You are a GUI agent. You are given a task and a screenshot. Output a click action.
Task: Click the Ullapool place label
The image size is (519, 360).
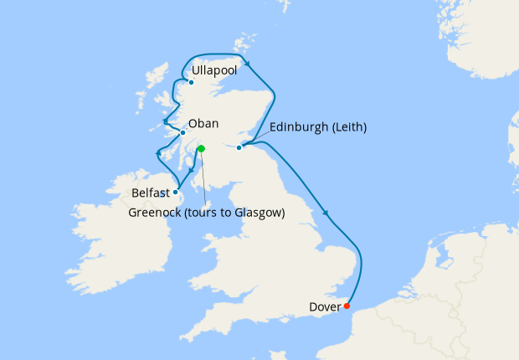[x=214, y=71]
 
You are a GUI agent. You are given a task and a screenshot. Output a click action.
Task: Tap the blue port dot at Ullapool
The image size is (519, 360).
[x=192, y=82]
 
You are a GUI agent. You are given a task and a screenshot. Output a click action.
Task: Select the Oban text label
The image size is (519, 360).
[x=203, y=123]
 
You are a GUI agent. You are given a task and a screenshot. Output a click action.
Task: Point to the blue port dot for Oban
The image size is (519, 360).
[x=182, y=132]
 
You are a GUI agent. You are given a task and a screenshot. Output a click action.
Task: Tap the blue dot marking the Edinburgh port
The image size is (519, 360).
[x=239, y=147]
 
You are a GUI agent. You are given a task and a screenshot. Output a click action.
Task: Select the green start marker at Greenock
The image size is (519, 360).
[x=201, y=149]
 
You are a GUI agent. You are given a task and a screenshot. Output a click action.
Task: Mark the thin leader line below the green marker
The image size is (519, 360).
[x=203, y=180]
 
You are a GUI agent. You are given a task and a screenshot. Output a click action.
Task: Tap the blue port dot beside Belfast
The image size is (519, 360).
[x=175, y=192]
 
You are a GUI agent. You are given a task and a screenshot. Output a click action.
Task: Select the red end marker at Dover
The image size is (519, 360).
[x=347, y=306]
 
